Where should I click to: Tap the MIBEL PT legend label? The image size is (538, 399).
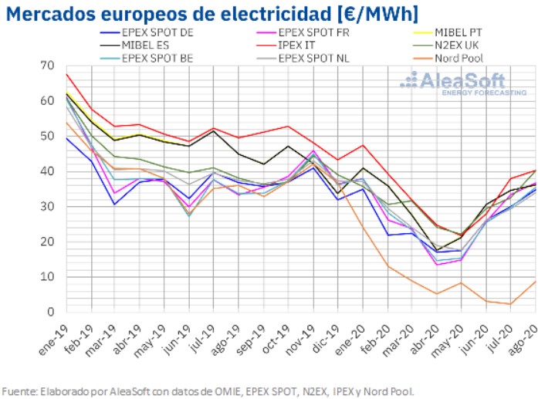click(x=462, y=32)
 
